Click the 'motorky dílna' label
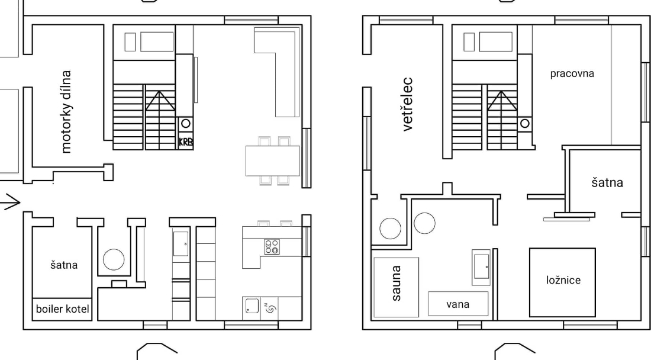point(66,112)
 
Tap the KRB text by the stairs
point(186,142)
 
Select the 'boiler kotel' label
point(62,309)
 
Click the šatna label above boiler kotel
point(64,265)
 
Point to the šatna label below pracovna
point(607,182)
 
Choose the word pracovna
point(572,73)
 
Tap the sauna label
point(396,283)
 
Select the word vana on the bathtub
point(458,304)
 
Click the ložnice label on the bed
point(563,280)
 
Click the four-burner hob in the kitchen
point(272,247)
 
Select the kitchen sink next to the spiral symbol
point(252,306)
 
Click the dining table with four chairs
point(273,160)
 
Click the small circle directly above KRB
point(186,123)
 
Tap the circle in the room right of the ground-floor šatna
point(114,259)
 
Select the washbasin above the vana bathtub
point(481,267)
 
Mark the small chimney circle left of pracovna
point(525,123)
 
